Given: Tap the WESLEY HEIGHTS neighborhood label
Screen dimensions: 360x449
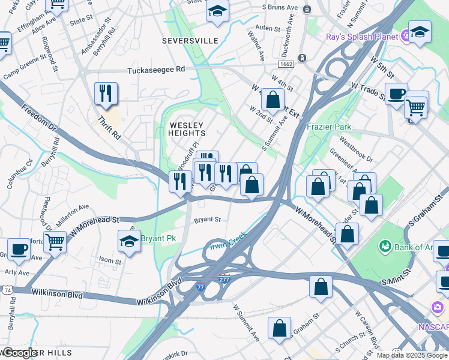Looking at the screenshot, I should (x=187, y=129).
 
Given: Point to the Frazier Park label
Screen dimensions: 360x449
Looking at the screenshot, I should (x=328, y=127).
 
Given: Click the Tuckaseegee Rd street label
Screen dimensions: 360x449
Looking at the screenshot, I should (x=156, y=70).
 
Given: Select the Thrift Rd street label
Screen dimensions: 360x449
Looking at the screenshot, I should (x=109, y=128).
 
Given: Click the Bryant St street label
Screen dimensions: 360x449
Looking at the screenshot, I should (x=208, y=220).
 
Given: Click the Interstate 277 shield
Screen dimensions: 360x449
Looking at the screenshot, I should (x=224, y=279).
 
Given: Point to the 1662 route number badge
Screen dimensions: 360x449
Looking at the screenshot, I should (x=285, y=64).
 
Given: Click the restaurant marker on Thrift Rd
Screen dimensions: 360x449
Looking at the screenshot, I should (x=106, y=93).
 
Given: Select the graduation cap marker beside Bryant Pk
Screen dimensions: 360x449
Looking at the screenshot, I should (x=129, y=241).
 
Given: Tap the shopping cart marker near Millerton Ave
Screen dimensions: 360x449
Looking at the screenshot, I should (x=55, y=242).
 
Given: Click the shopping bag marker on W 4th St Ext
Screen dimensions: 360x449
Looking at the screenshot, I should (x=273, y=100).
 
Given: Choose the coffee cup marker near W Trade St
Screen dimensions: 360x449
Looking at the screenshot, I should (x=396, y=94).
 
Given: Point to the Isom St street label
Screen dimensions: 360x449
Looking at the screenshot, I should (x=110, y=260).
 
